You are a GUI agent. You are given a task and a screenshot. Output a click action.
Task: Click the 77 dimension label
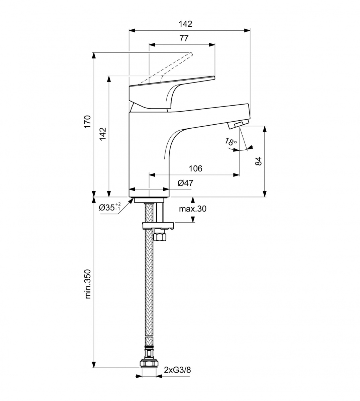184,38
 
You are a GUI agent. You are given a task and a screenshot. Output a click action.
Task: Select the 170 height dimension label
87,122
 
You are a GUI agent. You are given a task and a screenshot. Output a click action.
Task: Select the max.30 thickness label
192,209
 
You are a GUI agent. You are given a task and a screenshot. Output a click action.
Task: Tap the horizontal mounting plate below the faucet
158,226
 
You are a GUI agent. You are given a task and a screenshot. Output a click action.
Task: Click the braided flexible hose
149,284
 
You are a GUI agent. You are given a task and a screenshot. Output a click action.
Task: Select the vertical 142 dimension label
102,134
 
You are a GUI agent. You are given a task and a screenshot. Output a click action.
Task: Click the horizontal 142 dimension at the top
186,24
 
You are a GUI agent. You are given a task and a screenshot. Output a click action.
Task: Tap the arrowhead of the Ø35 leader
131,200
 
